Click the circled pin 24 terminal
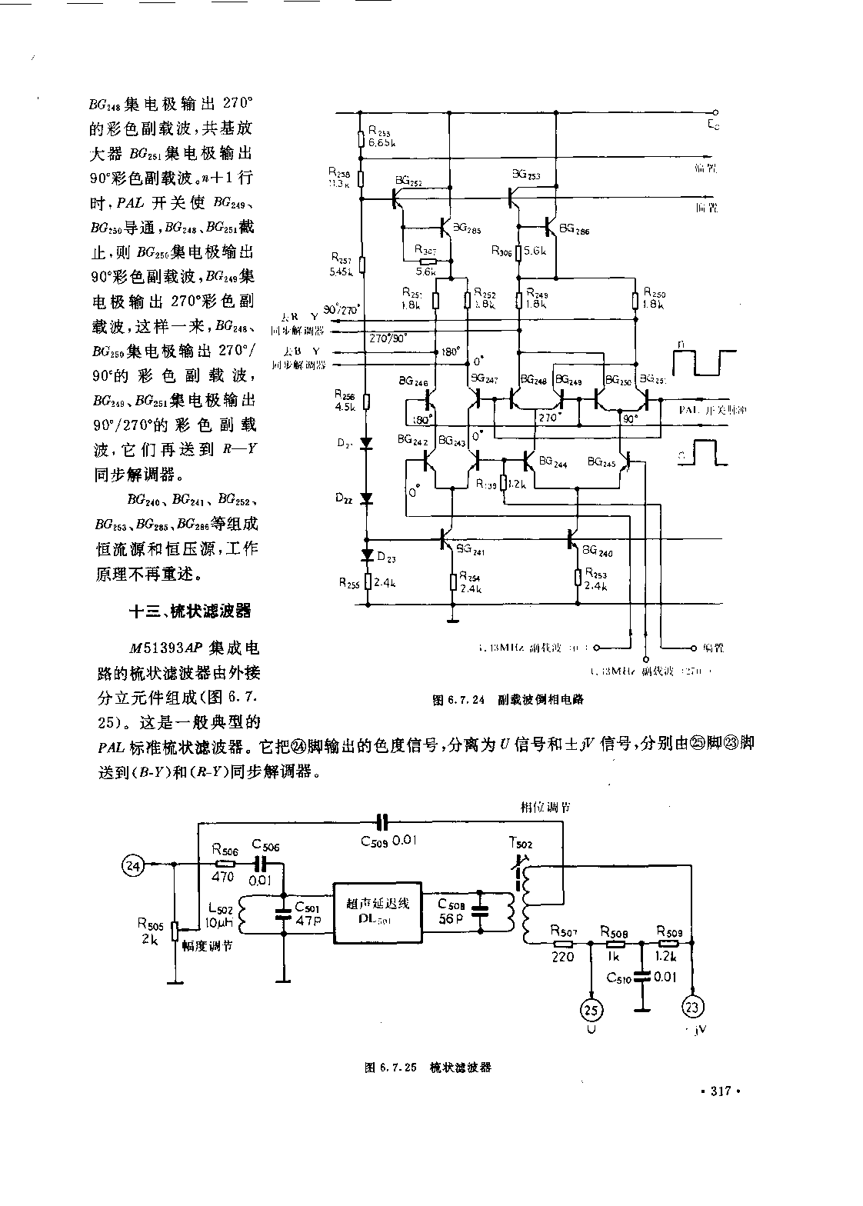[x=135, y=865]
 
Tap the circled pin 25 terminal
[x=591, y=1009]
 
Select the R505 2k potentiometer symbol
[x=175, y=931]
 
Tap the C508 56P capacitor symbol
[x=481, y=911]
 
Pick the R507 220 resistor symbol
[x=563, y=943]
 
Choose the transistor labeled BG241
[x=448, y=540]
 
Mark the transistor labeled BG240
[x=573, y=541]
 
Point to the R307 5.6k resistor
[x=425, y=262]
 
